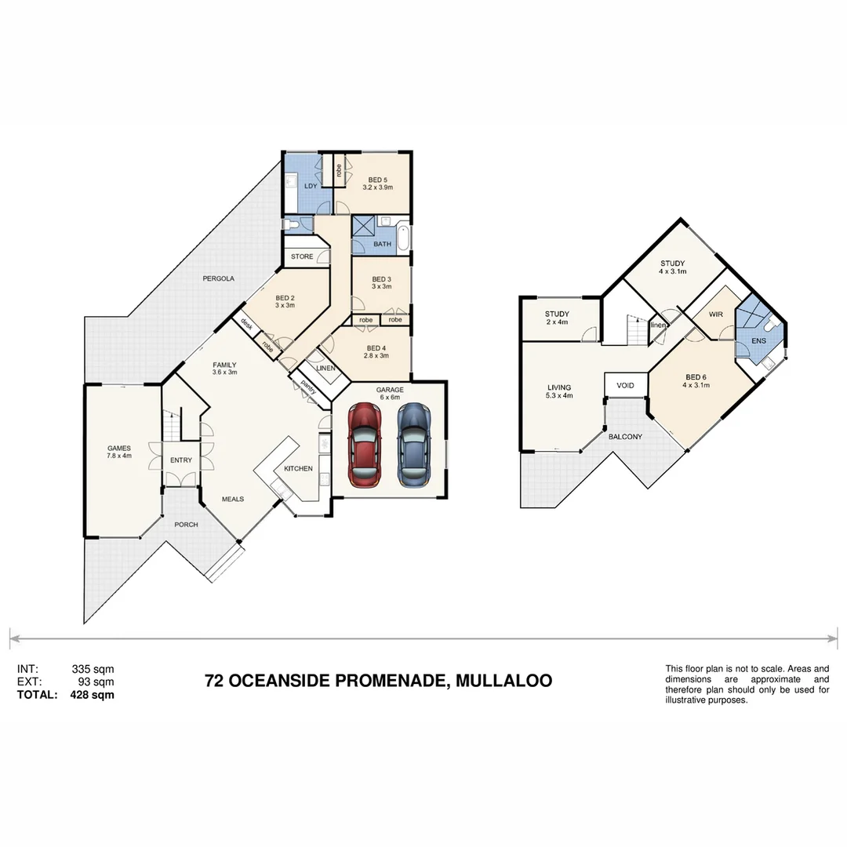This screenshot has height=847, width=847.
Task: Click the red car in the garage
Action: [x=365, y=444]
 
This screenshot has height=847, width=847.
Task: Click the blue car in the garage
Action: [x=413, y=444]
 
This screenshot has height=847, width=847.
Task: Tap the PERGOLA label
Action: [x=218, y=278]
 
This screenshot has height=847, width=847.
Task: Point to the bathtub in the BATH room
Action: [x=403, y=238]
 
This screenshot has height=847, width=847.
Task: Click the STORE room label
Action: [x=302, y=256]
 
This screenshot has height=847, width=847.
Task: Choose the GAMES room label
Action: [x=119, y=449]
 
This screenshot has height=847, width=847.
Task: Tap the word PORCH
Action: [x=186, y=525]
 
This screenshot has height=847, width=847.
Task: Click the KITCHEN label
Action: [x=298, y=468]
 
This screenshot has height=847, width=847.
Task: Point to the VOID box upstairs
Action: [x=625, y=385]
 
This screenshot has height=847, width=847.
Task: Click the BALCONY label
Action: [x=625, y=436]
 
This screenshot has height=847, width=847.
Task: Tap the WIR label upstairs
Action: [x=715, y=314]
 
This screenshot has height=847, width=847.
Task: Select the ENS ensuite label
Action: [x=758, y=341]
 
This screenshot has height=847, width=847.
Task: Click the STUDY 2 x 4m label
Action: [x=557, y=318]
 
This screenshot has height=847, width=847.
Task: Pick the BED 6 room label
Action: [x=696, y=380]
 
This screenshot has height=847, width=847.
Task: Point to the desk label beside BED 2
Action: [x=245, y=324]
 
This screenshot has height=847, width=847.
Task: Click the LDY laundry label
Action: [x=311, y=185]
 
